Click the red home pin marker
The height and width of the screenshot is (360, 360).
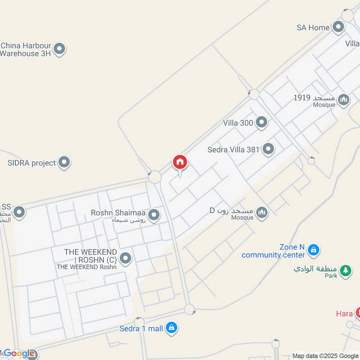(180, 162)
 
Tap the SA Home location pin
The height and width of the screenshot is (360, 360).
(338, 27)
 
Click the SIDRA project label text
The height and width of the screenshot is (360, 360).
(31, 163)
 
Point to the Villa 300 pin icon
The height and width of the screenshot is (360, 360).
(261, 122)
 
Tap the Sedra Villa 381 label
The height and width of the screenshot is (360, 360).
(234, 150)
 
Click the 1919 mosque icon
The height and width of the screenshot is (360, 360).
(344, 99)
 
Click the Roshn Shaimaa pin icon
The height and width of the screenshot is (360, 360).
(154, 215)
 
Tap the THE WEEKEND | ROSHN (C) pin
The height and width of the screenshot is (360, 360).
(126, 258)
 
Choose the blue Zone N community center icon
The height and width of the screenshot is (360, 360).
(314, 249)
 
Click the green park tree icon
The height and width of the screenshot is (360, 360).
(345, 270)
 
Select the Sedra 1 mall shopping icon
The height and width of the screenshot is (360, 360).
(171, 328)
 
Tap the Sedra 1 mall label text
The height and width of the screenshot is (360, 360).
(141, 328)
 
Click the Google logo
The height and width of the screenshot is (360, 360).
(19, 354)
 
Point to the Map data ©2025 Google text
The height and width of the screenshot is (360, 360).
(325, 355)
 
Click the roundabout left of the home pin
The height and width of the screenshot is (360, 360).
(155, 177)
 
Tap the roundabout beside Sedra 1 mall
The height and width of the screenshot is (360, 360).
(189, 310)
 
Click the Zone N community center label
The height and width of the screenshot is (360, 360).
(274, 251)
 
